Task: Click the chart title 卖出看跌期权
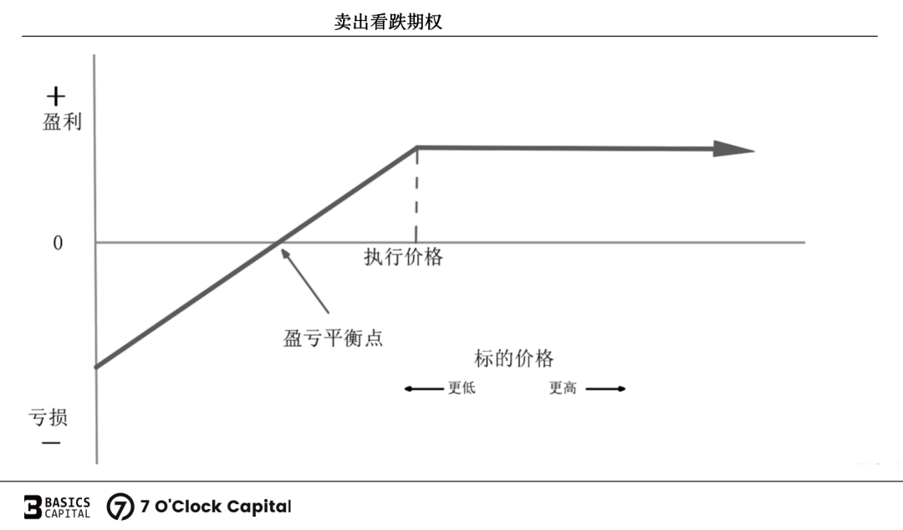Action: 388,23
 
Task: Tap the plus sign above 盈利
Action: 54,96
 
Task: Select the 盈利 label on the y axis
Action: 63,122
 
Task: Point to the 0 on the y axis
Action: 58,244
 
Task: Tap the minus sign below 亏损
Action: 51,442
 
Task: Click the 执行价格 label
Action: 403,257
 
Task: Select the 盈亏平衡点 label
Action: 334,338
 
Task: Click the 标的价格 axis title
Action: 513,358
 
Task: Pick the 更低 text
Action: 462,388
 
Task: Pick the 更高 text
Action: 563,388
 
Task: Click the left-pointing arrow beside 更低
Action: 424,388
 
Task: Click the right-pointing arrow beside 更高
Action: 605,388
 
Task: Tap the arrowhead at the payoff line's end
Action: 733,149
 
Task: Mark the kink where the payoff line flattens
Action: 416,147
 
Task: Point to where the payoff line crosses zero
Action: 277,243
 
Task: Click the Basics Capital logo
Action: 56,507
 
